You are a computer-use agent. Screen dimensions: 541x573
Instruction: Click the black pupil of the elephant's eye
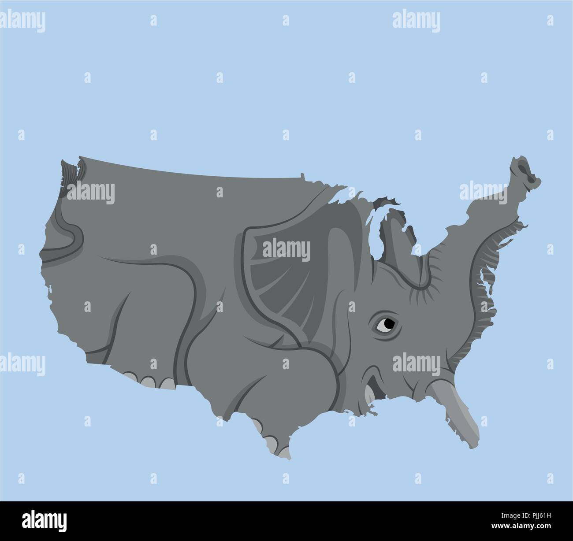click(388, 324)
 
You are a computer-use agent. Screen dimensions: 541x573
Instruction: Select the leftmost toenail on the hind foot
click(130, 377)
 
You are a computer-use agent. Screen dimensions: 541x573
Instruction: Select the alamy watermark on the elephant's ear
click(286, 249)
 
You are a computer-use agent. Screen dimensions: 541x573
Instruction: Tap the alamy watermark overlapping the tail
click(90, 192)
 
